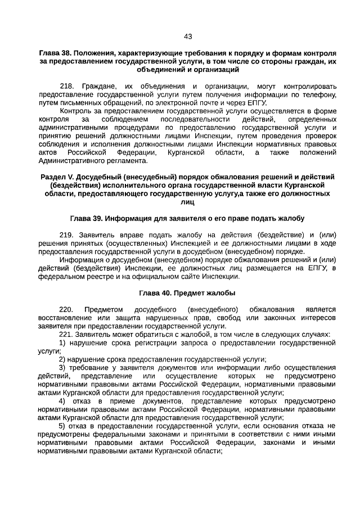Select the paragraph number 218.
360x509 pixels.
coord(66,87)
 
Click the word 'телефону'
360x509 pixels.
coord(319,95)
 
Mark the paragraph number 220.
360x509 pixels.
coord(66,309)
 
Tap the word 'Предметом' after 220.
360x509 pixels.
coord(103,309)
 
